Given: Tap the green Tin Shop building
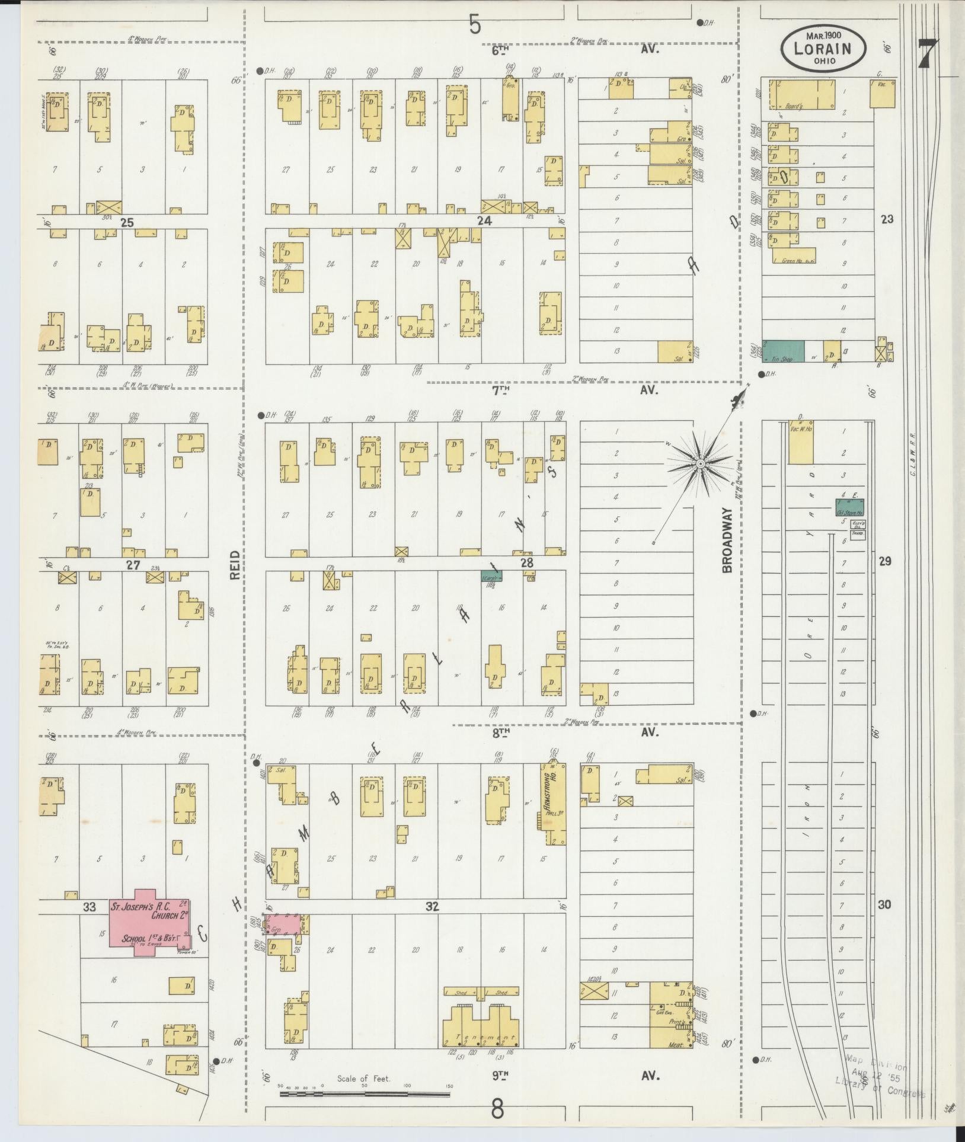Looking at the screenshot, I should click(783, 351).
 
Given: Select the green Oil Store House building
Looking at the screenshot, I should click(849, 508).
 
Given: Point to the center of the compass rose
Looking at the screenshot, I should click(700, 463).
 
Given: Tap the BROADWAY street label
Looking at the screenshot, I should click(728, 543).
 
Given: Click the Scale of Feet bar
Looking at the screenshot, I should click(364, 1092).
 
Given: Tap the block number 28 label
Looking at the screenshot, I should click(527, 563).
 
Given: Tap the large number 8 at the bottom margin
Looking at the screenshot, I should click(497, 1108).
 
